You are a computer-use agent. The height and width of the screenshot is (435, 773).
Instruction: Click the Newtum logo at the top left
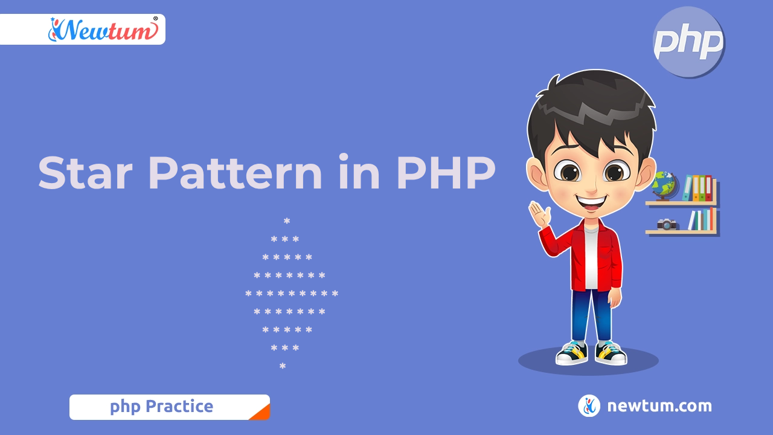(103, 30)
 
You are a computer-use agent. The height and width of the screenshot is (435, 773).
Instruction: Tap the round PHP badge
(689, 42)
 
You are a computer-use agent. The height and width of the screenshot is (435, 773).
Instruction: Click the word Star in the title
(86, 173)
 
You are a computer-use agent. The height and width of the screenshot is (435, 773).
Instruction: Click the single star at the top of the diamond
(287, 221)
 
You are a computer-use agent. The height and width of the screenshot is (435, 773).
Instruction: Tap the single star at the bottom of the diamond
(283, 366)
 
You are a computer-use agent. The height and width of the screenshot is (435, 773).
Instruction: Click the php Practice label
(161, 407)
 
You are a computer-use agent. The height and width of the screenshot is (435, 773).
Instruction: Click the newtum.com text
(659, 406)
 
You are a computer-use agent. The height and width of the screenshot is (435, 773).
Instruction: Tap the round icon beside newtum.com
(589, 405)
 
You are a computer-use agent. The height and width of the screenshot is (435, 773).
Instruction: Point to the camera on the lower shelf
(666, 224)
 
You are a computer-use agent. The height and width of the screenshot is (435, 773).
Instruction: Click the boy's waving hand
(540, 214)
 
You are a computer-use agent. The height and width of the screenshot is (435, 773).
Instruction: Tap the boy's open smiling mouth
(592, 202)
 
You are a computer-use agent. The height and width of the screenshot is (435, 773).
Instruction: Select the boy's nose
(591, 188)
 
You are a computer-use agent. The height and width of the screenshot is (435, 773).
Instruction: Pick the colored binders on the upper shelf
(697, 188)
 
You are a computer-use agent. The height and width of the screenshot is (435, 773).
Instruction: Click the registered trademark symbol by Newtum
(155, 19)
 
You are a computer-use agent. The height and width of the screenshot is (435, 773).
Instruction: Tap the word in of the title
(359, 172)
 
